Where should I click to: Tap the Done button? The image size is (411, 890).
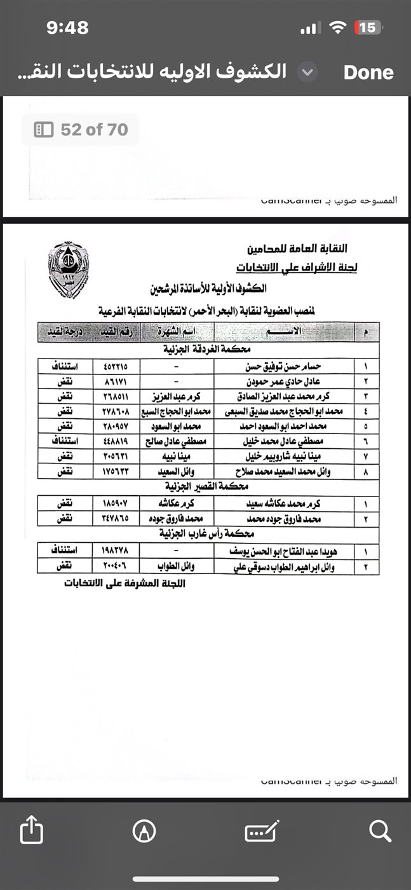368,72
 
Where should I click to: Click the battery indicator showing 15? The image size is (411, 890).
367,27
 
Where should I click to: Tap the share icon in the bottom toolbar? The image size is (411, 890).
31,831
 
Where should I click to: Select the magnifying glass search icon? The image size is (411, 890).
379,831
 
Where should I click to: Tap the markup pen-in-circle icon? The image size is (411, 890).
144,831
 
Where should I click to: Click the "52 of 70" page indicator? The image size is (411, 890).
81,130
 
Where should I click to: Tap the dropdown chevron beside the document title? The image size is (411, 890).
308,72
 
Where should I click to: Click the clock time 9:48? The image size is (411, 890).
67,27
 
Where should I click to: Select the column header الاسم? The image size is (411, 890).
289,331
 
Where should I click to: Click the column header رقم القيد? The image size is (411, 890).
116,331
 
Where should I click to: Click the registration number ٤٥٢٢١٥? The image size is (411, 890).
116,366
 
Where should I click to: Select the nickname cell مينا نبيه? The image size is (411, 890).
176,456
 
